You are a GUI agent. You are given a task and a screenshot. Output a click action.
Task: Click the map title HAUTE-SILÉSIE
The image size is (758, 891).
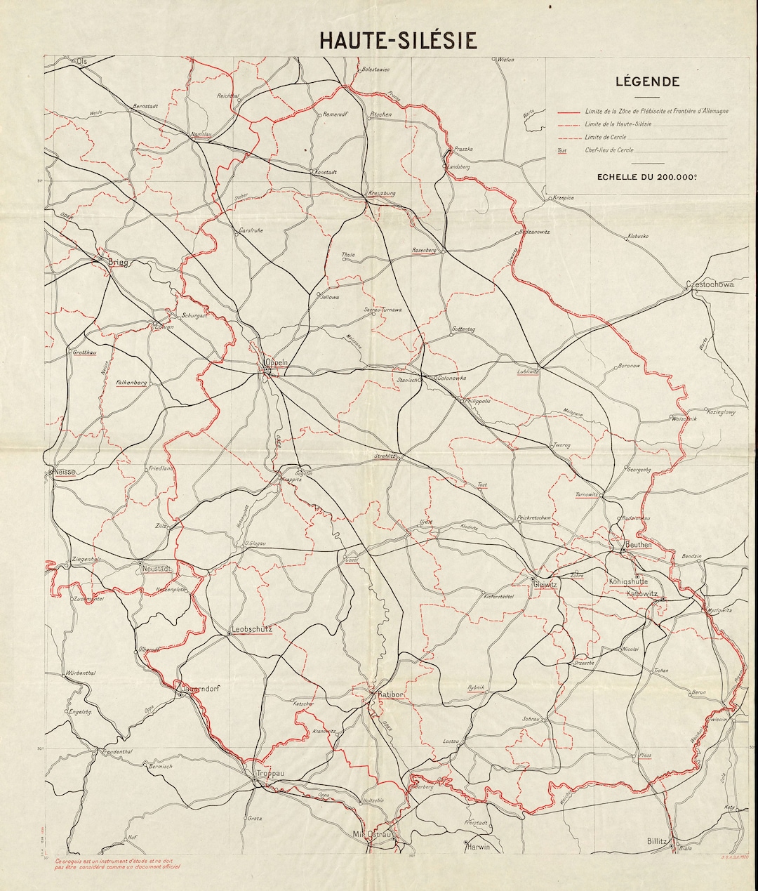[398, 40]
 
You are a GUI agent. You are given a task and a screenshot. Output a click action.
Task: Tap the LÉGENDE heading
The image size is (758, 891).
[647, 81]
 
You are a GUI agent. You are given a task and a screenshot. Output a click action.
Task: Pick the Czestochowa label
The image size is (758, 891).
[710, 284]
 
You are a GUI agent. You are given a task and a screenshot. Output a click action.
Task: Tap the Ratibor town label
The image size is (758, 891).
[390, 694]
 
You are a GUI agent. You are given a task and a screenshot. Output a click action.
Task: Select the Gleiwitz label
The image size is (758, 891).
[545, 584]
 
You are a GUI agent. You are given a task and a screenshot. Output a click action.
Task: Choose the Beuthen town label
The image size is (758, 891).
[638, 544]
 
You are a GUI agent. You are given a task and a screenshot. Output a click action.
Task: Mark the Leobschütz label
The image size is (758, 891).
[251, 629]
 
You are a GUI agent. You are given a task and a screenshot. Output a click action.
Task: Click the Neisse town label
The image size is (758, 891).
[63, 473]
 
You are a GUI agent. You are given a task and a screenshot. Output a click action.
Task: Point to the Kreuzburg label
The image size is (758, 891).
[382, 193]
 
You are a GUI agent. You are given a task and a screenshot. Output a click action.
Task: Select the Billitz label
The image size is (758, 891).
[659, 840]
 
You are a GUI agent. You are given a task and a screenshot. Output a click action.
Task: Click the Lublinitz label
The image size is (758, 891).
[527, 371]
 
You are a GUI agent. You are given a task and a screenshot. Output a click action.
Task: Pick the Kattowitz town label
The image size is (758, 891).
[641, 593]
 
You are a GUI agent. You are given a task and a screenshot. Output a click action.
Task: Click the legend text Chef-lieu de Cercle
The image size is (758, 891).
[609, 150]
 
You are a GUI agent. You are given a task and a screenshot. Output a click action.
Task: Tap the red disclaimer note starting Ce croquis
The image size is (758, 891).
[112, 863]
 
